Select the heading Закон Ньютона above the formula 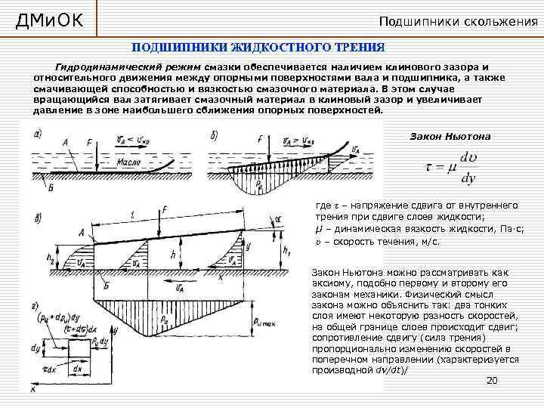(x=450, y=136)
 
